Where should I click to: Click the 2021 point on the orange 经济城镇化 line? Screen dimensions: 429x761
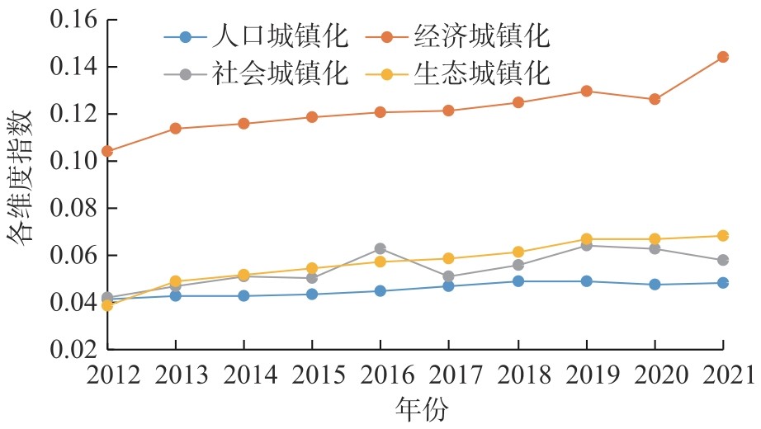click(x=723, y=57)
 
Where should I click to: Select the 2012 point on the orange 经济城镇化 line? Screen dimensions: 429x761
click(x=107, y=151)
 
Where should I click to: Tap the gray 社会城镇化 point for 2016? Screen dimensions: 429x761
click(x=380, y=248)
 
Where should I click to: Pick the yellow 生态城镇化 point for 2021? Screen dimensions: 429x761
click(x=723, y=236)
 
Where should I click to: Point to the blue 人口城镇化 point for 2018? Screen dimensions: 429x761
click(x=518, y=281)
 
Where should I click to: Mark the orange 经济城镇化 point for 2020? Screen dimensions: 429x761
click(x=655, y=99)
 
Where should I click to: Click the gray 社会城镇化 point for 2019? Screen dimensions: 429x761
click(x=586, y=245)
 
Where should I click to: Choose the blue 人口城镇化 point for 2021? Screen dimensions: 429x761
click(x=723, y=283)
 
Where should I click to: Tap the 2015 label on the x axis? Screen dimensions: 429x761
click(x=312, y=375)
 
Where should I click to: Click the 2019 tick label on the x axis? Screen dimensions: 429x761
click(x=586, y=375)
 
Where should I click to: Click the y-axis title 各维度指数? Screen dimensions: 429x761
click(x=21, y=183)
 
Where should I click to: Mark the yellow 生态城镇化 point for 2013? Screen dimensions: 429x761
click(x=176, y=281)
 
